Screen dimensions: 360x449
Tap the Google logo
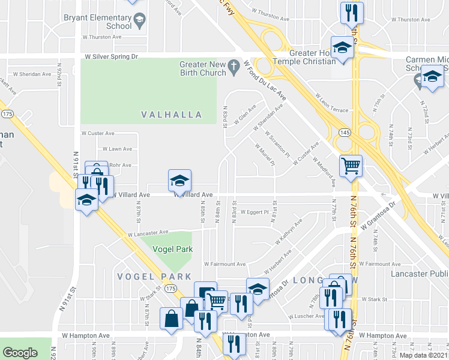coord(20,353)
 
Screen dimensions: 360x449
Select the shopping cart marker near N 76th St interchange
coord(351,166)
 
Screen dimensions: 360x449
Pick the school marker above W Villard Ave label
coord(179,180)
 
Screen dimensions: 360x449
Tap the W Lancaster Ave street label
coord(148,233)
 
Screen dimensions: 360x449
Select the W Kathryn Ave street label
coord(289,232)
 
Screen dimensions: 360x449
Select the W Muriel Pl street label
coord(265,154)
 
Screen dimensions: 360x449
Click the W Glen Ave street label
coord(246,112)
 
